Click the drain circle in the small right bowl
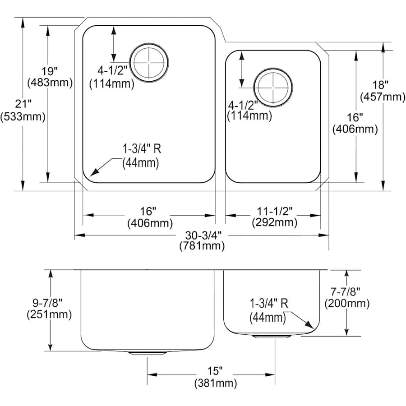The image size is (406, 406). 273,87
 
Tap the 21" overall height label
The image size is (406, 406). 23,104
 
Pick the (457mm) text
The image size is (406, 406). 381,97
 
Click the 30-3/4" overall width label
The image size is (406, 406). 202,235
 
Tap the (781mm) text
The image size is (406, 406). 202,246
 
